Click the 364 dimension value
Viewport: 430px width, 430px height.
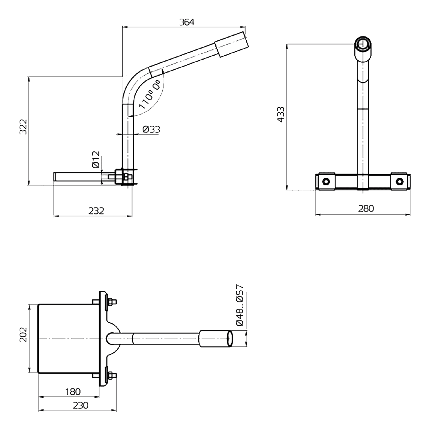click(187, 22)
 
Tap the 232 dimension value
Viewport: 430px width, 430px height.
click(96, 211)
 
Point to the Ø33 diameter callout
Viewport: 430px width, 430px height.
click(151, 130)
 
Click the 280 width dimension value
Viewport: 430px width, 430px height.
click(366, 208)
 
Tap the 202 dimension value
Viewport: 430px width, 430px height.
click(23, 335)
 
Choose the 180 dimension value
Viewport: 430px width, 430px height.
click(73, 392)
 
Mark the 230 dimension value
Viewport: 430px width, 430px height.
click(81, 405)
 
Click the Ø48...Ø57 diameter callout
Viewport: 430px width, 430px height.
click(239, 305)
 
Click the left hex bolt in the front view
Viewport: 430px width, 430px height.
click(326, 181)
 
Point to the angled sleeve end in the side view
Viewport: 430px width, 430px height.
click(232, 44)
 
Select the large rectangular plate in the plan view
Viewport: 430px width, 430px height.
click(69, 339)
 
